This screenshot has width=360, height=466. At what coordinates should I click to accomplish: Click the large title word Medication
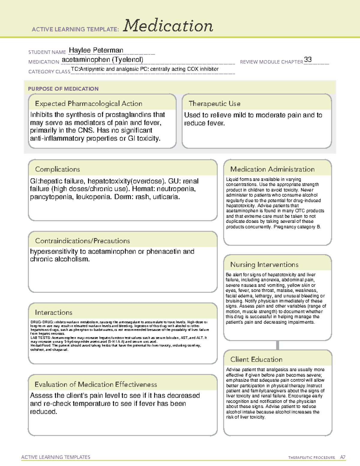(168, 26)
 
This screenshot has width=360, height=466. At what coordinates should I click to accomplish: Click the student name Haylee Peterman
(96, 50)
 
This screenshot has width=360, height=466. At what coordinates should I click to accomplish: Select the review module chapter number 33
(308, 59)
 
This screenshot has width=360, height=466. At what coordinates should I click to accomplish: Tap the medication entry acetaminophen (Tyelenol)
(102, 60)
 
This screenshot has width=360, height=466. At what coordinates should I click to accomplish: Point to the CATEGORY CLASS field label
(49, 72)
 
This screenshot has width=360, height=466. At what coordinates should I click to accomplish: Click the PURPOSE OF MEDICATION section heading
(63, 89)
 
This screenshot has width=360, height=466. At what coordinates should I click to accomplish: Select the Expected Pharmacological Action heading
(88, 104)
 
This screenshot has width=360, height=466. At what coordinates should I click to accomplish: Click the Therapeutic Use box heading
(214, 104)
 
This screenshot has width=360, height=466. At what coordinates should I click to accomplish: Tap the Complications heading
(57, 169)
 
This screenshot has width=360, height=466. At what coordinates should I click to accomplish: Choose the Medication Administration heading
(272, 169)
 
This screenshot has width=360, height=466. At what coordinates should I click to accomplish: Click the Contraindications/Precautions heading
(82, 241)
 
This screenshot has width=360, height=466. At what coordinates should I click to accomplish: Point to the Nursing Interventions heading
(264, 264)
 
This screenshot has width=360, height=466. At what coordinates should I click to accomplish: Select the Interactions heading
(54, 312)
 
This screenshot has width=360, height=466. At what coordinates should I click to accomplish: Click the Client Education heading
(256, 359)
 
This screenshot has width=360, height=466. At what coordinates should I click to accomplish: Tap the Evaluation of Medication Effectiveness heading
(96, 384)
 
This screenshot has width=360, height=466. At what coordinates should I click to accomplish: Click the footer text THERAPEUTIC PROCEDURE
(311, 458)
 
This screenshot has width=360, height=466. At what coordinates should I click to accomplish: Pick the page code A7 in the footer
(342, 457)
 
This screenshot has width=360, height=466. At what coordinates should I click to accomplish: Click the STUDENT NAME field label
(47, 52)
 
